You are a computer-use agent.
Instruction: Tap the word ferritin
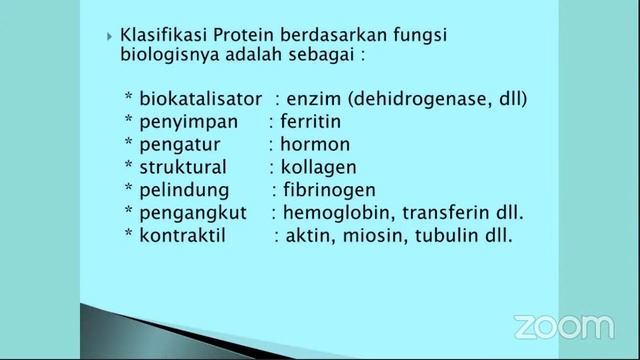click(x=312, y=123)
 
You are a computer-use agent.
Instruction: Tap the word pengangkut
click(x=191, y=214)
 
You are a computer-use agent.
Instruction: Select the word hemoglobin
click(x=333, y=214)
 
